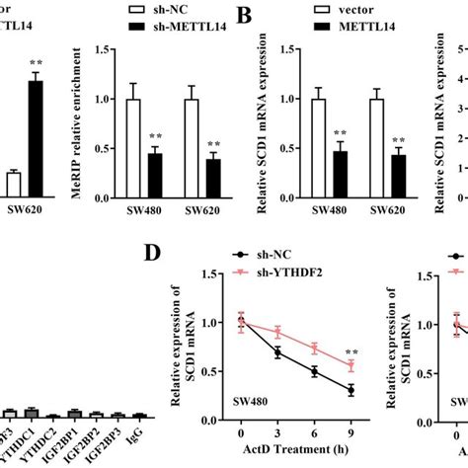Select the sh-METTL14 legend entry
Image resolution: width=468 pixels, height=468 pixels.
point(175,27)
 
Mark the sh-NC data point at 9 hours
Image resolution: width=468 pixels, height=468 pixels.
point(351,391)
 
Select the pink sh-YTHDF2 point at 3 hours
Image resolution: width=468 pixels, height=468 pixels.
point(277,332)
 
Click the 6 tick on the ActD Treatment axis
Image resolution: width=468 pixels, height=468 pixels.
point(314,435)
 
